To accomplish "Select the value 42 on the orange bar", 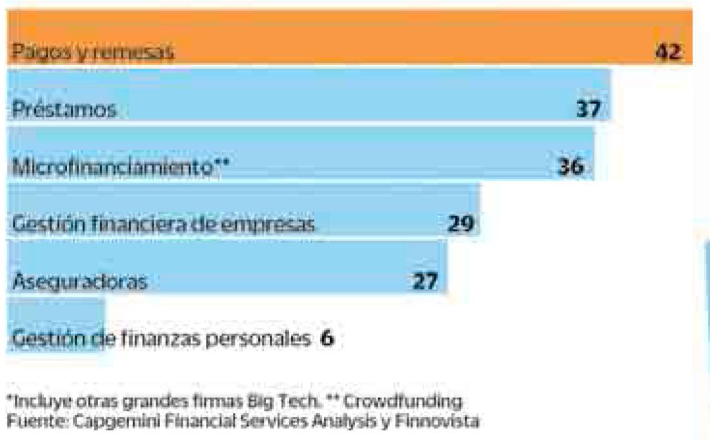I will [x=668, y=52].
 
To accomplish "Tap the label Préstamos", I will [x=64, y=109].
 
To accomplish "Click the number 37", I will [x=588, y=109].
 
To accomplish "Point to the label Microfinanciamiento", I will [x=112, y=166].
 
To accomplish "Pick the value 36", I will [x=571, y=166].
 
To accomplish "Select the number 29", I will [x=461, y=224].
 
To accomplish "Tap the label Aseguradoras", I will [x=79, y=281].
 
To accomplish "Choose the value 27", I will [x=425, y=281].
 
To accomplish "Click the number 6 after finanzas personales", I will [x=327, y=338].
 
